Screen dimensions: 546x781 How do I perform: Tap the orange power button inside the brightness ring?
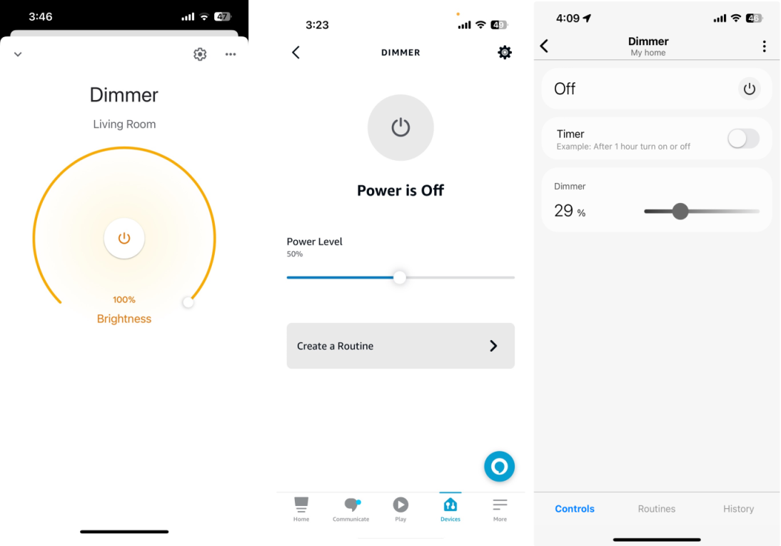tap(124, 238)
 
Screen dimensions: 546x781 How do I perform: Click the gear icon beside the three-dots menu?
tap(200, 54)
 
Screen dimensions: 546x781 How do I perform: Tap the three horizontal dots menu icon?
tap(231, 54)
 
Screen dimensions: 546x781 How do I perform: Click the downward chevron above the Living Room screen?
tap(18, 54)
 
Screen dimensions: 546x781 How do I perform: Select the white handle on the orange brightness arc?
tap(188, 302)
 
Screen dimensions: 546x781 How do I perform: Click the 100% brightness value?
tap(124, 300)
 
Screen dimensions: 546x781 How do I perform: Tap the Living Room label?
tap(124, 124)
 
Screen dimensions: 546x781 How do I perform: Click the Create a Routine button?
tap(400, 346)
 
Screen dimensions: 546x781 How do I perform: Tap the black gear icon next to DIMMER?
tap(505, 52)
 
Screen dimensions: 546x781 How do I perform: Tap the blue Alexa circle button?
tap(499, 467)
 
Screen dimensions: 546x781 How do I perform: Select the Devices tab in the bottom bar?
tap(450, 509)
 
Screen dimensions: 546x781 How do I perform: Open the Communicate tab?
tap(351, 509)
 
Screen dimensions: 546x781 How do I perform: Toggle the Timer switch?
tap(743, 139)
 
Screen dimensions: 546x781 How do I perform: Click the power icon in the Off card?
tap(749, 89)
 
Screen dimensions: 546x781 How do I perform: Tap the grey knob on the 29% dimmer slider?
tap(680, 212)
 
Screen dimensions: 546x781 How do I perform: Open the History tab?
tap(738, 509)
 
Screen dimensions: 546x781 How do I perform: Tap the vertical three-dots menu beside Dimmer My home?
tap(764, 46)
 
